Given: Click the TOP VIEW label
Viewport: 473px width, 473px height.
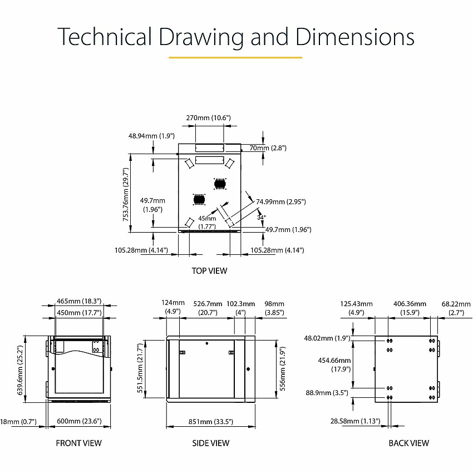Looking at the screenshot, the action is tap(209, 270).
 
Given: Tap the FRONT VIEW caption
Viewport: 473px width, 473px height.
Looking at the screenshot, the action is tap(78, 443).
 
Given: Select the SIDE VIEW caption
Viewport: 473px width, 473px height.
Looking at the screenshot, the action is tap(210, 443).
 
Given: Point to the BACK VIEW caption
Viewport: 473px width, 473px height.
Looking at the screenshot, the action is tap(409, 443).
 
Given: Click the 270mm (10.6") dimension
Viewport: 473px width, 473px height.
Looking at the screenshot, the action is tap(208, 117).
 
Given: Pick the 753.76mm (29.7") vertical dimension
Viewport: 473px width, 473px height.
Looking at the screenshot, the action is tap(126, 195).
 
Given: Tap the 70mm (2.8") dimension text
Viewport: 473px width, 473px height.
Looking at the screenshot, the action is tap(268, 148).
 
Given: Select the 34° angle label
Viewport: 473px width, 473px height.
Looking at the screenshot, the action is tap(262, 218).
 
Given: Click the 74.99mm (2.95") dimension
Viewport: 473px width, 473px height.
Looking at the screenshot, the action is tap(281, 201).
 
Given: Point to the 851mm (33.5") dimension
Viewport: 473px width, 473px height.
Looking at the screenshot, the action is tap(210, 421).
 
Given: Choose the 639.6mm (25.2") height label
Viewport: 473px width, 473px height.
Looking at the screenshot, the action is tap(20, 370).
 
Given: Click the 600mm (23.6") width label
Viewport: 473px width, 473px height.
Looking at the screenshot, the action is tap(79, 421).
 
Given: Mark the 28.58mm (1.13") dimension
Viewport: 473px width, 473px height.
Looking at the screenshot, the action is tap(355, 421).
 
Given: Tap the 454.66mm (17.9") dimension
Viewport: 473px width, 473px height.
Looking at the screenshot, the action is tap(334, 364).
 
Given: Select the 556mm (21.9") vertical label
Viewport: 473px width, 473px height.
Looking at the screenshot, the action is tap(282, 368).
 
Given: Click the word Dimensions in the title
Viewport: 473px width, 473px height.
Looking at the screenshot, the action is tap(355, 37).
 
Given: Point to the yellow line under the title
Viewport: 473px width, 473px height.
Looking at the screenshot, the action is tap(235, 57).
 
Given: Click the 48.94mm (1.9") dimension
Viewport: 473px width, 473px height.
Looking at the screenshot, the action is tap(151, 136).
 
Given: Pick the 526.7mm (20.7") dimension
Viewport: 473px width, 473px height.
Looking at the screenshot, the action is tap(208, 308).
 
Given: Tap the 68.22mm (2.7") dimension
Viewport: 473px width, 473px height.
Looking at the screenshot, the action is tap(456, 308).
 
